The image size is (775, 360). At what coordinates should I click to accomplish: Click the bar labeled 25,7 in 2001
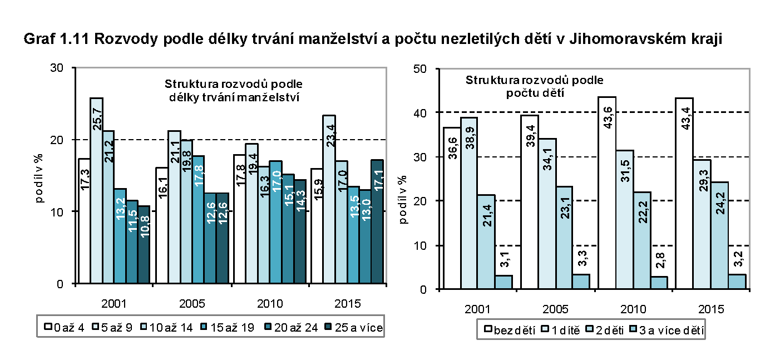click(96, 189)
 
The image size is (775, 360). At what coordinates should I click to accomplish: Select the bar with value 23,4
click(329, 200)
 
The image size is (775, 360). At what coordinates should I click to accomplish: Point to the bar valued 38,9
click(469, 203)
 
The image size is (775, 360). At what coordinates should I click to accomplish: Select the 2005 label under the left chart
click(192, 304)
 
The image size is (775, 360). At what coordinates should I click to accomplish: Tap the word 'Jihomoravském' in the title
click(641, 40)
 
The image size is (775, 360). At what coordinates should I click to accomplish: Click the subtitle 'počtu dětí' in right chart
click(535, 92)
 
